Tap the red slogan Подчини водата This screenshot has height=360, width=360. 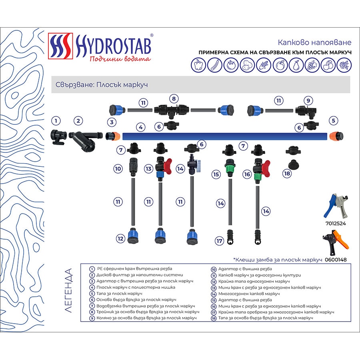pyautogui.click(x=120, y=59)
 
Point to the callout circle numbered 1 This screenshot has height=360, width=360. pyautogui.click(x=56, y=120)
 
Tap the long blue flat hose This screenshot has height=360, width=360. pyautogui.click(x=224, y=136)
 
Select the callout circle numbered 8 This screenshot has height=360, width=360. pyautogui.click(x=173, y=98)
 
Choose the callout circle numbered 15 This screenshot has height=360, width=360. pyautogui.click(x=216, y=174)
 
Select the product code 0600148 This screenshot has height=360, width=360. pyautogui.click(x=336, y=260)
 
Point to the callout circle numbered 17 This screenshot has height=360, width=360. pyautogui.click(x=218, y=241)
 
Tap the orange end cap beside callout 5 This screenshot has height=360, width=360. pyautogui.click(x=334, y=136)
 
